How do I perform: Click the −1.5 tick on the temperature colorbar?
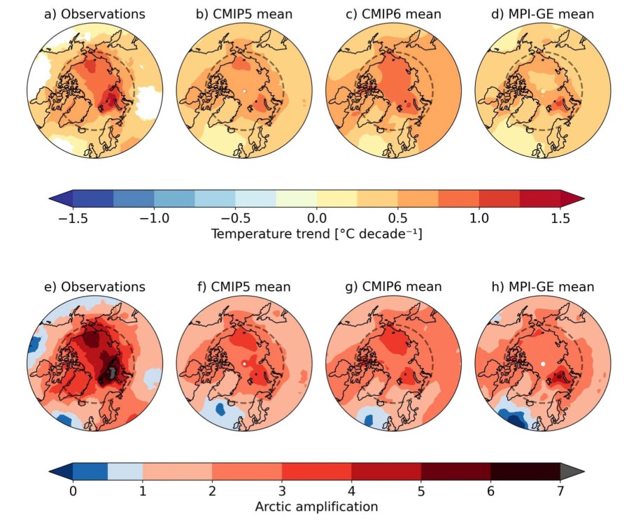(72, 218)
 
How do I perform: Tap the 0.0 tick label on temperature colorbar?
(317, 218)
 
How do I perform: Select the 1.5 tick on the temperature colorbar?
(560, 218)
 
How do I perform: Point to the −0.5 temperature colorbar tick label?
(235, 218)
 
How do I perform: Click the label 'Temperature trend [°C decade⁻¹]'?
(316, 235)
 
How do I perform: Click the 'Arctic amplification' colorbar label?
(316, 506)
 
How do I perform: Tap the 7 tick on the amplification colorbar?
(560, 490)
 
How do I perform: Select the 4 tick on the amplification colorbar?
(351, 490)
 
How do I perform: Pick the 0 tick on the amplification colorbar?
(73, 490)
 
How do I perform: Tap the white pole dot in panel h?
(543, 364)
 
